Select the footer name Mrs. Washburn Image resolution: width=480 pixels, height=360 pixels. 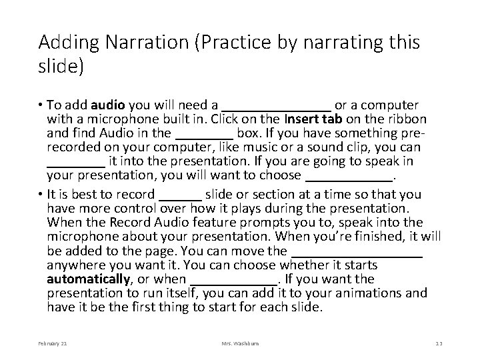240,343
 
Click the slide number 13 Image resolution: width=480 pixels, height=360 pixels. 438,343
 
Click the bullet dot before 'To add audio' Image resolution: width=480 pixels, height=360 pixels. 41,106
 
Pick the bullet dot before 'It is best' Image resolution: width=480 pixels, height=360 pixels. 41,195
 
